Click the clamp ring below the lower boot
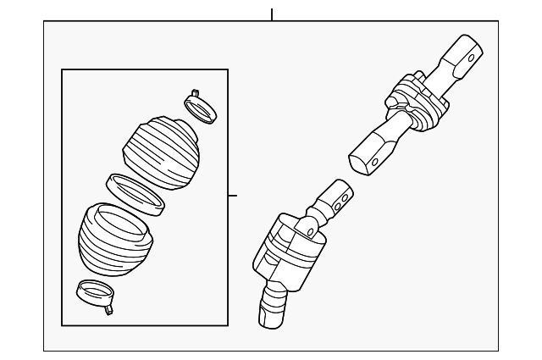click(x=94, y=295)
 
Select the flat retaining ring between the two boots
click(x=135, y=193)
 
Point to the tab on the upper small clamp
click(x=195, y=93)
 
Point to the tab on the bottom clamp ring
click(x=108, y=309)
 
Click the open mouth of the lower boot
click(x=122, y=221)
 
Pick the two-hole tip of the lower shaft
click(x=336, y=198)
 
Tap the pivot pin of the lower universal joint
click(x=310, y=230)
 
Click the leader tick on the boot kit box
click(x=233, y=196)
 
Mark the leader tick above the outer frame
click(x=272, y=14)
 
